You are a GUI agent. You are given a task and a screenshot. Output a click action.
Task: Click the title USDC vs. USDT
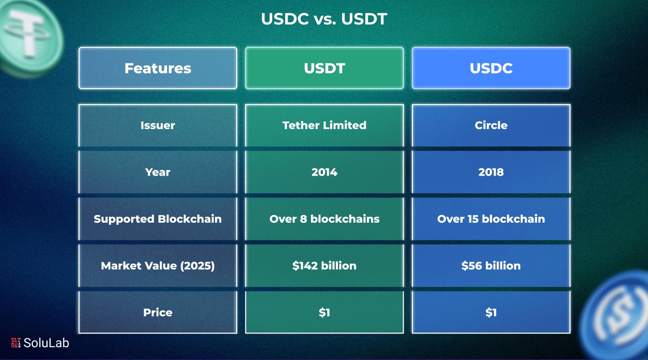324,19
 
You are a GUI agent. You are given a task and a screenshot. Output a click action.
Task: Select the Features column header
157,68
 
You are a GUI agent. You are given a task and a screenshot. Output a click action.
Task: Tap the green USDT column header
324,68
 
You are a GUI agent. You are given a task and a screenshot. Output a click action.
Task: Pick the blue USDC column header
491,68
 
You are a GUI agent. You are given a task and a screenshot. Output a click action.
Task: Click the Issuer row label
157,125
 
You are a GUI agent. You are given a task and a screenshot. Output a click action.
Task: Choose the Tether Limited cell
324,125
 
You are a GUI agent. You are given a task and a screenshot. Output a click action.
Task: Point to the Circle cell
491,125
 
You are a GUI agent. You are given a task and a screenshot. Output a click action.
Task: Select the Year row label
157,172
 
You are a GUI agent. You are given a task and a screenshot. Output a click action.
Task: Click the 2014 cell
324,172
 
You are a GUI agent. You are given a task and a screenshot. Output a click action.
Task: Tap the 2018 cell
491,172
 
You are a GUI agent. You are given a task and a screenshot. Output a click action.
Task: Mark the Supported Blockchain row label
157,219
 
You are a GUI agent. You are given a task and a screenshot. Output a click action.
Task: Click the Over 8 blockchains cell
324,219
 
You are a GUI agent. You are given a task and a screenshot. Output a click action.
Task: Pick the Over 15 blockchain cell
491,219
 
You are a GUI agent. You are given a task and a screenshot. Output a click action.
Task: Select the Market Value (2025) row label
157,265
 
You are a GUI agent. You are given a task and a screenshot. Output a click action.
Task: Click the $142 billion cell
324,265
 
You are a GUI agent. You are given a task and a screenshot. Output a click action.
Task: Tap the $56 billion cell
491,265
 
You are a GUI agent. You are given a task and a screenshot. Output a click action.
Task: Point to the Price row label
157,312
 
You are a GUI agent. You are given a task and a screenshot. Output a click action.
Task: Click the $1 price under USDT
324,312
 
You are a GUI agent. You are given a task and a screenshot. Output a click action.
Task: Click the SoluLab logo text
46,343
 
